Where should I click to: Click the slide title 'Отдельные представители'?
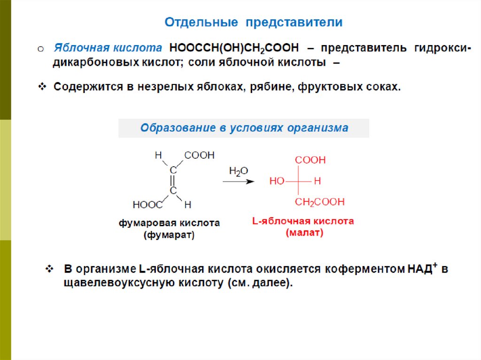click(253, 22)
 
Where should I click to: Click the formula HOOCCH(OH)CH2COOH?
click(233, 48)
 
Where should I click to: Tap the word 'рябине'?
click(267, 87)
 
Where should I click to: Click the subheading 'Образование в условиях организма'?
click(244, 128)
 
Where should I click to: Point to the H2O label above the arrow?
click(238, 171)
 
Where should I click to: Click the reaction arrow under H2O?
click(238, 182)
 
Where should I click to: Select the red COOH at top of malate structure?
click(310, 160)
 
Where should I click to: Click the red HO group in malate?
click(277, 181)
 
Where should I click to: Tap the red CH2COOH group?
click(319, 202)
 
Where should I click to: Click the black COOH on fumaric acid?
click(199, 155)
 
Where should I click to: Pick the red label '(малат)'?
click(304, 232)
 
